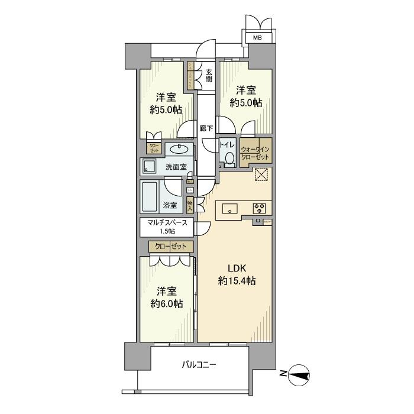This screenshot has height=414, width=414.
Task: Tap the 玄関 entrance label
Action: click(x=209, y=76)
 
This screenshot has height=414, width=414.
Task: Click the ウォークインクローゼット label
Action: click(x=255, y=154)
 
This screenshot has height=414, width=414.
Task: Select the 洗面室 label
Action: click(x=176, y=167)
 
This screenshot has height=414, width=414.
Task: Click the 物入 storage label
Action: click(x=190, y=205)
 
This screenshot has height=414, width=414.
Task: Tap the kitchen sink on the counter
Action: click(x=230, y=208)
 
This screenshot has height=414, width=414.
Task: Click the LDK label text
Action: click(x=235, y=267)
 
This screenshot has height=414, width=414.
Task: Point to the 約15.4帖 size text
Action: click(x=235, y=281)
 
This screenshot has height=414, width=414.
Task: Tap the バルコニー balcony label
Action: click(x=198, y=365)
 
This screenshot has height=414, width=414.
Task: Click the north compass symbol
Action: click(x=300, y=373)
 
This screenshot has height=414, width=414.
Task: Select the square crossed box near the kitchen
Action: click(x=261, y=175)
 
